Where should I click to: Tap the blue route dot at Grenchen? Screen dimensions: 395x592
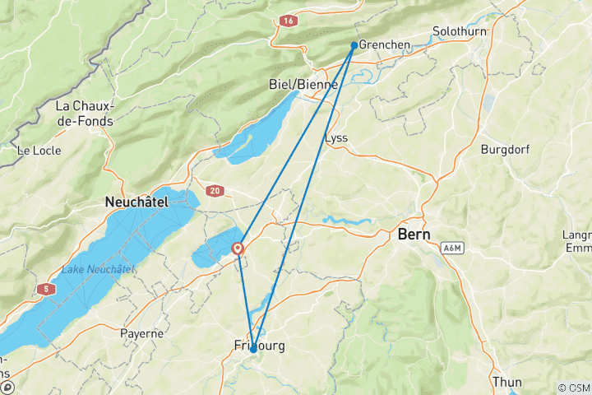pyautogui.click(x=354, y=45)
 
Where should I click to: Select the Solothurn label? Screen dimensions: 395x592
pyautogui.click(x=460, y=32)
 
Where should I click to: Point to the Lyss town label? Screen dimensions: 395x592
pyautogui.click(x=337, y=137)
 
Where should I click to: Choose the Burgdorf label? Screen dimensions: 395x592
pyautogui.click(x=509, y=150)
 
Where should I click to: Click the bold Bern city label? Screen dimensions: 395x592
pyautogui.click(x=414, y=235)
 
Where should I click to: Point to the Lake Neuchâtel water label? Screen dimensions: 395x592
pyautogui.click(x=98, y=269)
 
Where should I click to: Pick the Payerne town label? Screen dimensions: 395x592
pyautogui.click(x=141, y=334)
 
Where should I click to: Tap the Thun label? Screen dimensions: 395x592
pyautogui.click(x=506, y=382)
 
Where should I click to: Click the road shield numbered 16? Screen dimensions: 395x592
pyautogui.click(x=286, y=19)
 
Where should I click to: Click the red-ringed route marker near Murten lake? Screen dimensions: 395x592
pyautogui.click(x=238, y=248)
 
